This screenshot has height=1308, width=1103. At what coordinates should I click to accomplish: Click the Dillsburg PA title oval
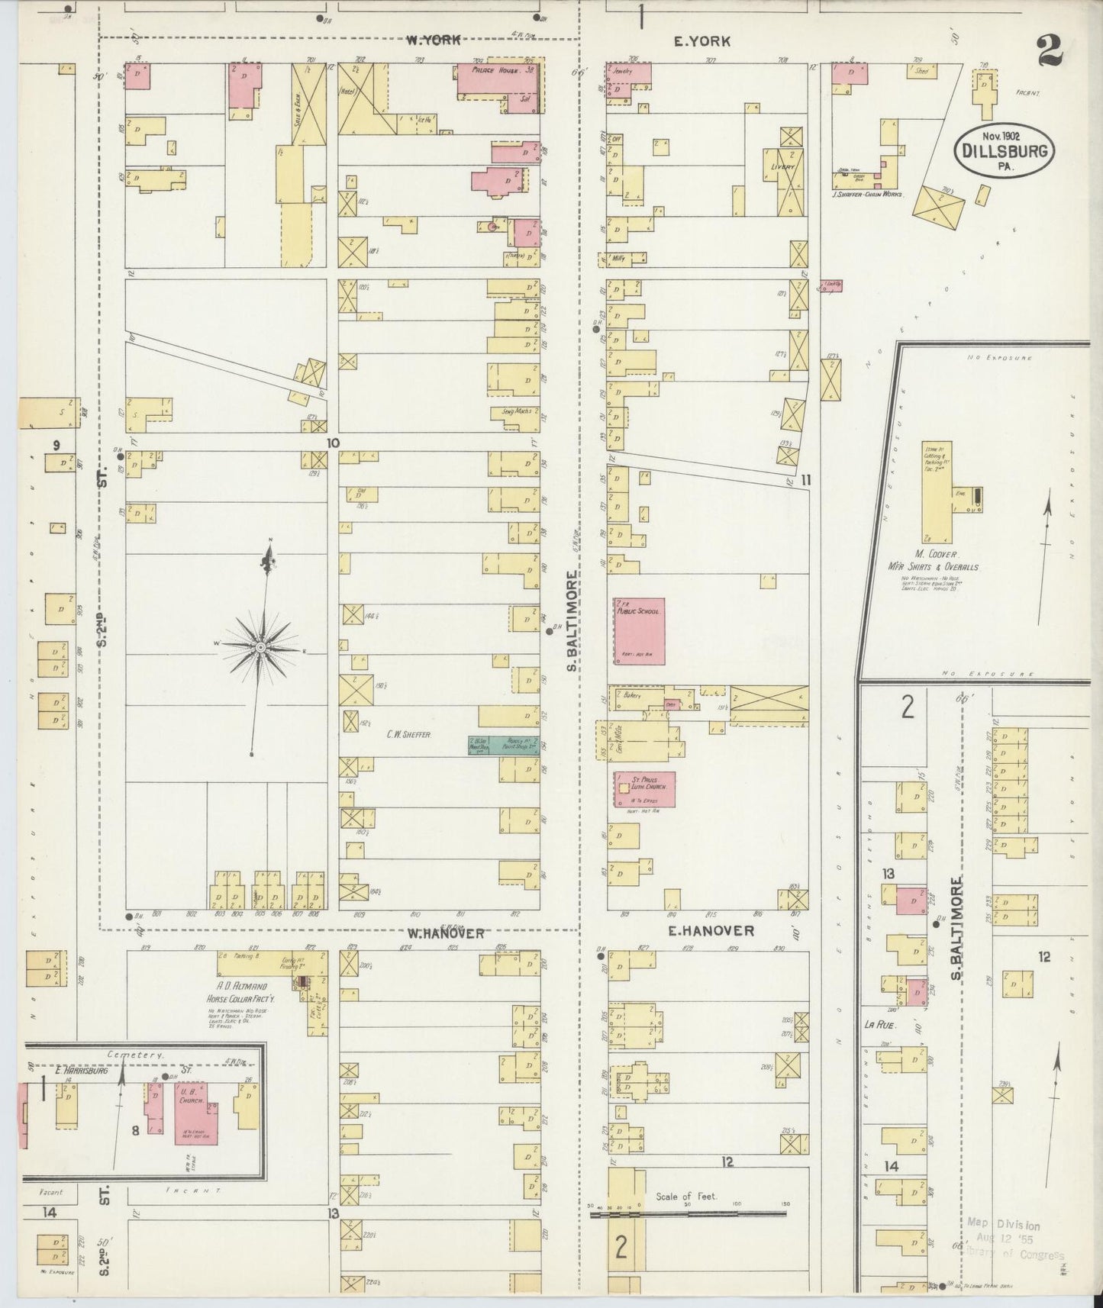(x=1004, y=149)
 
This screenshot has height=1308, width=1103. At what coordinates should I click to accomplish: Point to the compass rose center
(x=261, y=647)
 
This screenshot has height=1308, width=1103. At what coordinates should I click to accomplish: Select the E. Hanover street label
(x=711, y=930)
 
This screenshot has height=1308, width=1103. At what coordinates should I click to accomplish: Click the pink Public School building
(x=640, y=631)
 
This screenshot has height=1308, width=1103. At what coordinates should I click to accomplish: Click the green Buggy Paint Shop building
(x=504, y=745)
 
